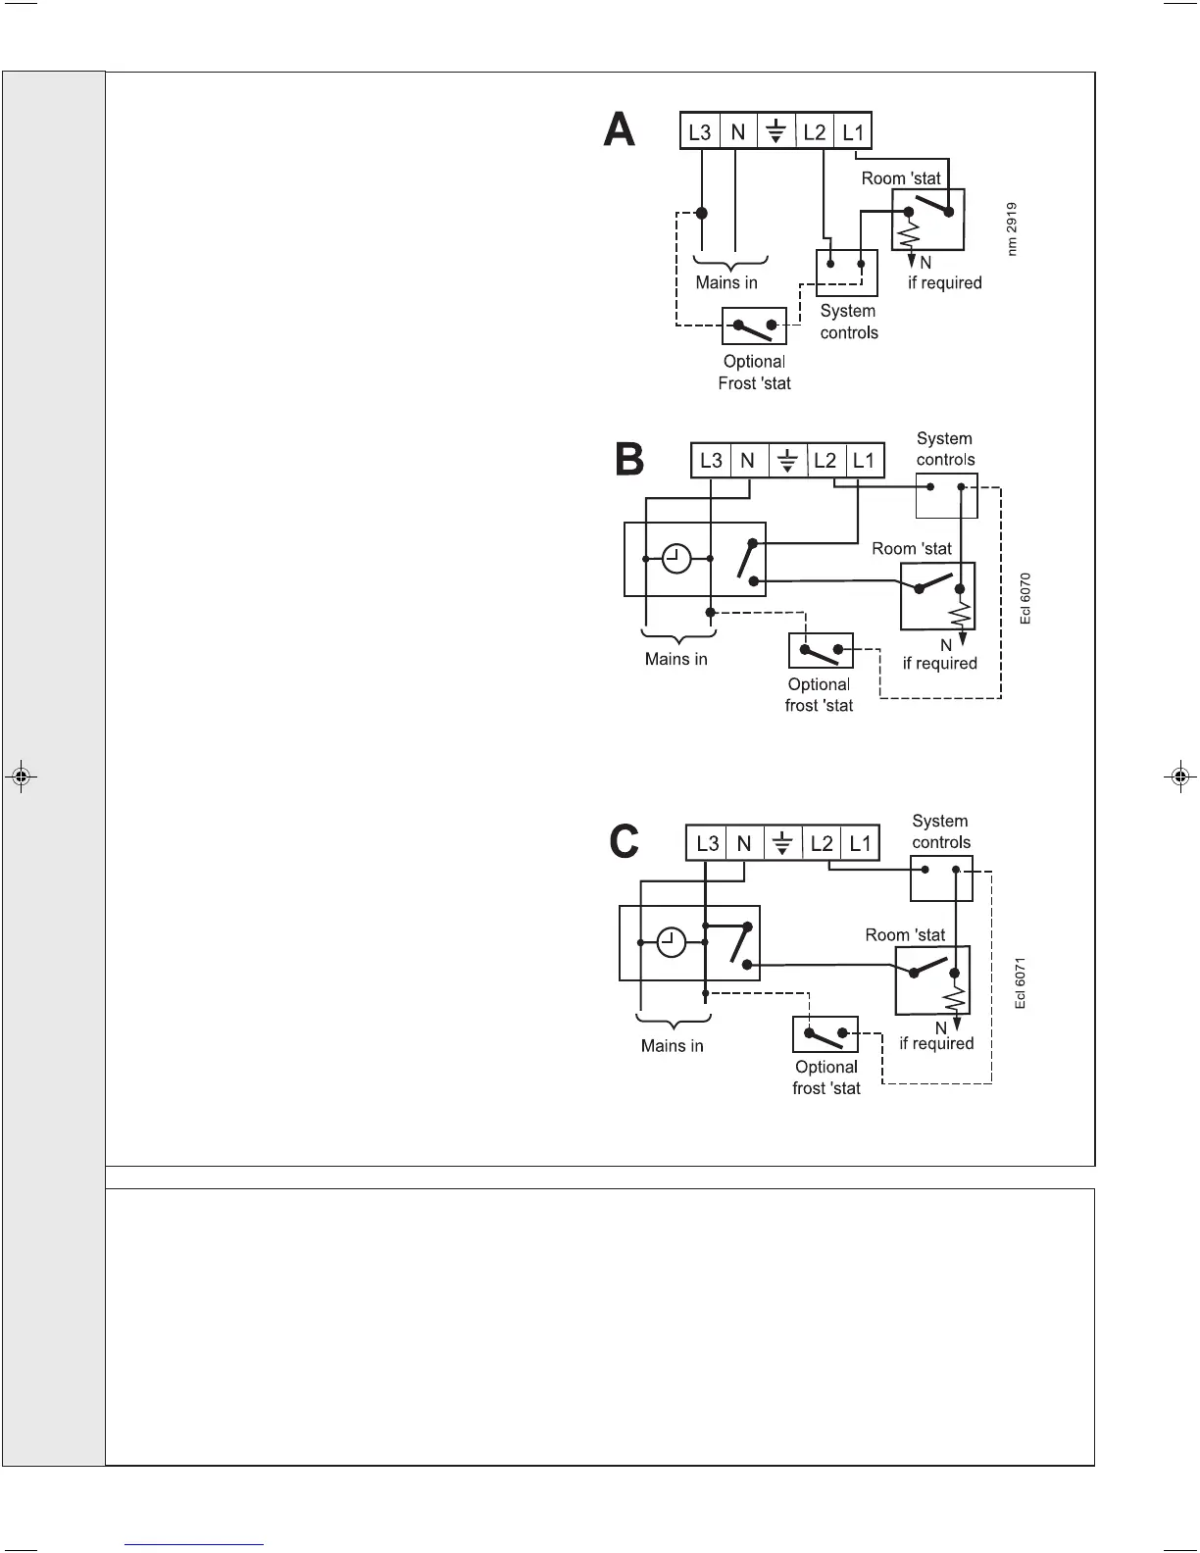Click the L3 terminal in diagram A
coord(700,131)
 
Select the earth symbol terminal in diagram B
coord(787,461)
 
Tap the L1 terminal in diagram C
coord(860,843)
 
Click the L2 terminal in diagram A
coord(815,131)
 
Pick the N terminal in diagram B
coord(748,461)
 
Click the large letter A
coord(620,129)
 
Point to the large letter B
coord(629,459)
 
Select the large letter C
coord(625,841)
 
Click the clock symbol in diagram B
coord(676,559)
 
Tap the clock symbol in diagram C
coord(672,942)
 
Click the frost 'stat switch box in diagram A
coord(754,325)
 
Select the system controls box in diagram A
coord(846,272)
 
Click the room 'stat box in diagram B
coord(937,596)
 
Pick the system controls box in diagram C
coord(941,877)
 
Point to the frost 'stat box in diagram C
coord(825,1034)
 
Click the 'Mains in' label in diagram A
coord(726,283)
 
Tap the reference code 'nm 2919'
coord(1012,229)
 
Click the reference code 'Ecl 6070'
coord(1025,598)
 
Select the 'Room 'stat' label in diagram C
coord(905,935)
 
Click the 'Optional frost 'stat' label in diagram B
coord(819,695)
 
